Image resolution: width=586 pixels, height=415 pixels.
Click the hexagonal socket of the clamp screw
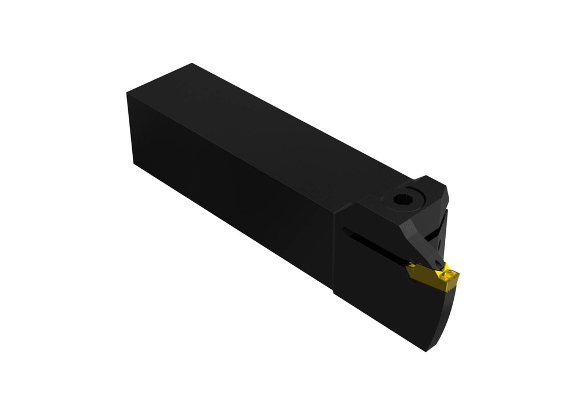tap(402, 200)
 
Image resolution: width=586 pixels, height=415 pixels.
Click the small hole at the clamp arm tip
tap(438, 264)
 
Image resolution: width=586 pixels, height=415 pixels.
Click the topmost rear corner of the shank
tap(192, 63)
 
